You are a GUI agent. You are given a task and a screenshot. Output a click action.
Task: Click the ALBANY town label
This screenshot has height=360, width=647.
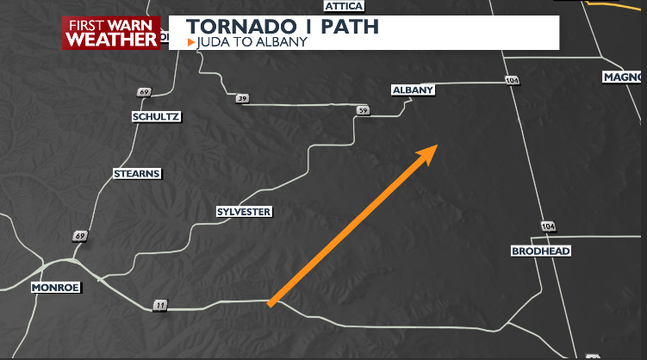pyautogui.click(x=413, y=90)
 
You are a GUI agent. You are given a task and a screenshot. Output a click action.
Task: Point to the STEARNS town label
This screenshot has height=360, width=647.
pyautogui.click(x=137, y=174)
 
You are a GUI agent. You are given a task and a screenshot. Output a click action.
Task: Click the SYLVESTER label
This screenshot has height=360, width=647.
pyautogui.click(x=244, y=212)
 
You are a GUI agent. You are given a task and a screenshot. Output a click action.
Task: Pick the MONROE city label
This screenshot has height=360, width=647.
pyautogui.click(x=54, y=287)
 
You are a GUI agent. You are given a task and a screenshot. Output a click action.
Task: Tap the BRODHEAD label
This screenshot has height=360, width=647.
pyautogui.click(x=541, y=251)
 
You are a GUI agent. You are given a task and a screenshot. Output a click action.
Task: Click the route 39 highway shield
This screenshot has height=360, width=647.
pyautogui.click(x=242, y=100)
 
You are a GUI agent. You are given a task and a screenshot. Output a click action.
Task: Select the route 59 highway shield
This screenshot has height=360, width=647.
pyautogui.click(x=363, y=111)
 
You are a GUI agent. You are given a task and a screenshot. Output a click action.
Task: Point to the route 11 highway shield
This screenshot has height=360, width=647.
pyautogui.click(x=159, y=305)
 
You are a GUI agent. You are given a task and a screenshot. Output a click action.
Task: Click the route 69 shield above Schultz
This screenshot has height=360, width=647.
pyautogui.click(x=143, y=92)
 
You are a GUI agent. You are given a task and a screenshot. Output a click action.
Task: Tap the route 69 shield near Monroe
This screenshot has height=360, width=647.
pyautogui.click(x=80, y=236)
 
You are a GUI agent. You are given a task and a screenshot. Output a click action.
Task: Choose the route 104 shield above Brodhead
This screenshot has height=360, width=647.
pyautogui.click(x=548, y=226)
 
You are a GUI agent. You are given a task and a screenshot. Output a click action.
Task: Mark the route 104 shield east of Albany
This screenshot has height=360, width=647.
pyautogui.click(x=513, y=80)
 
